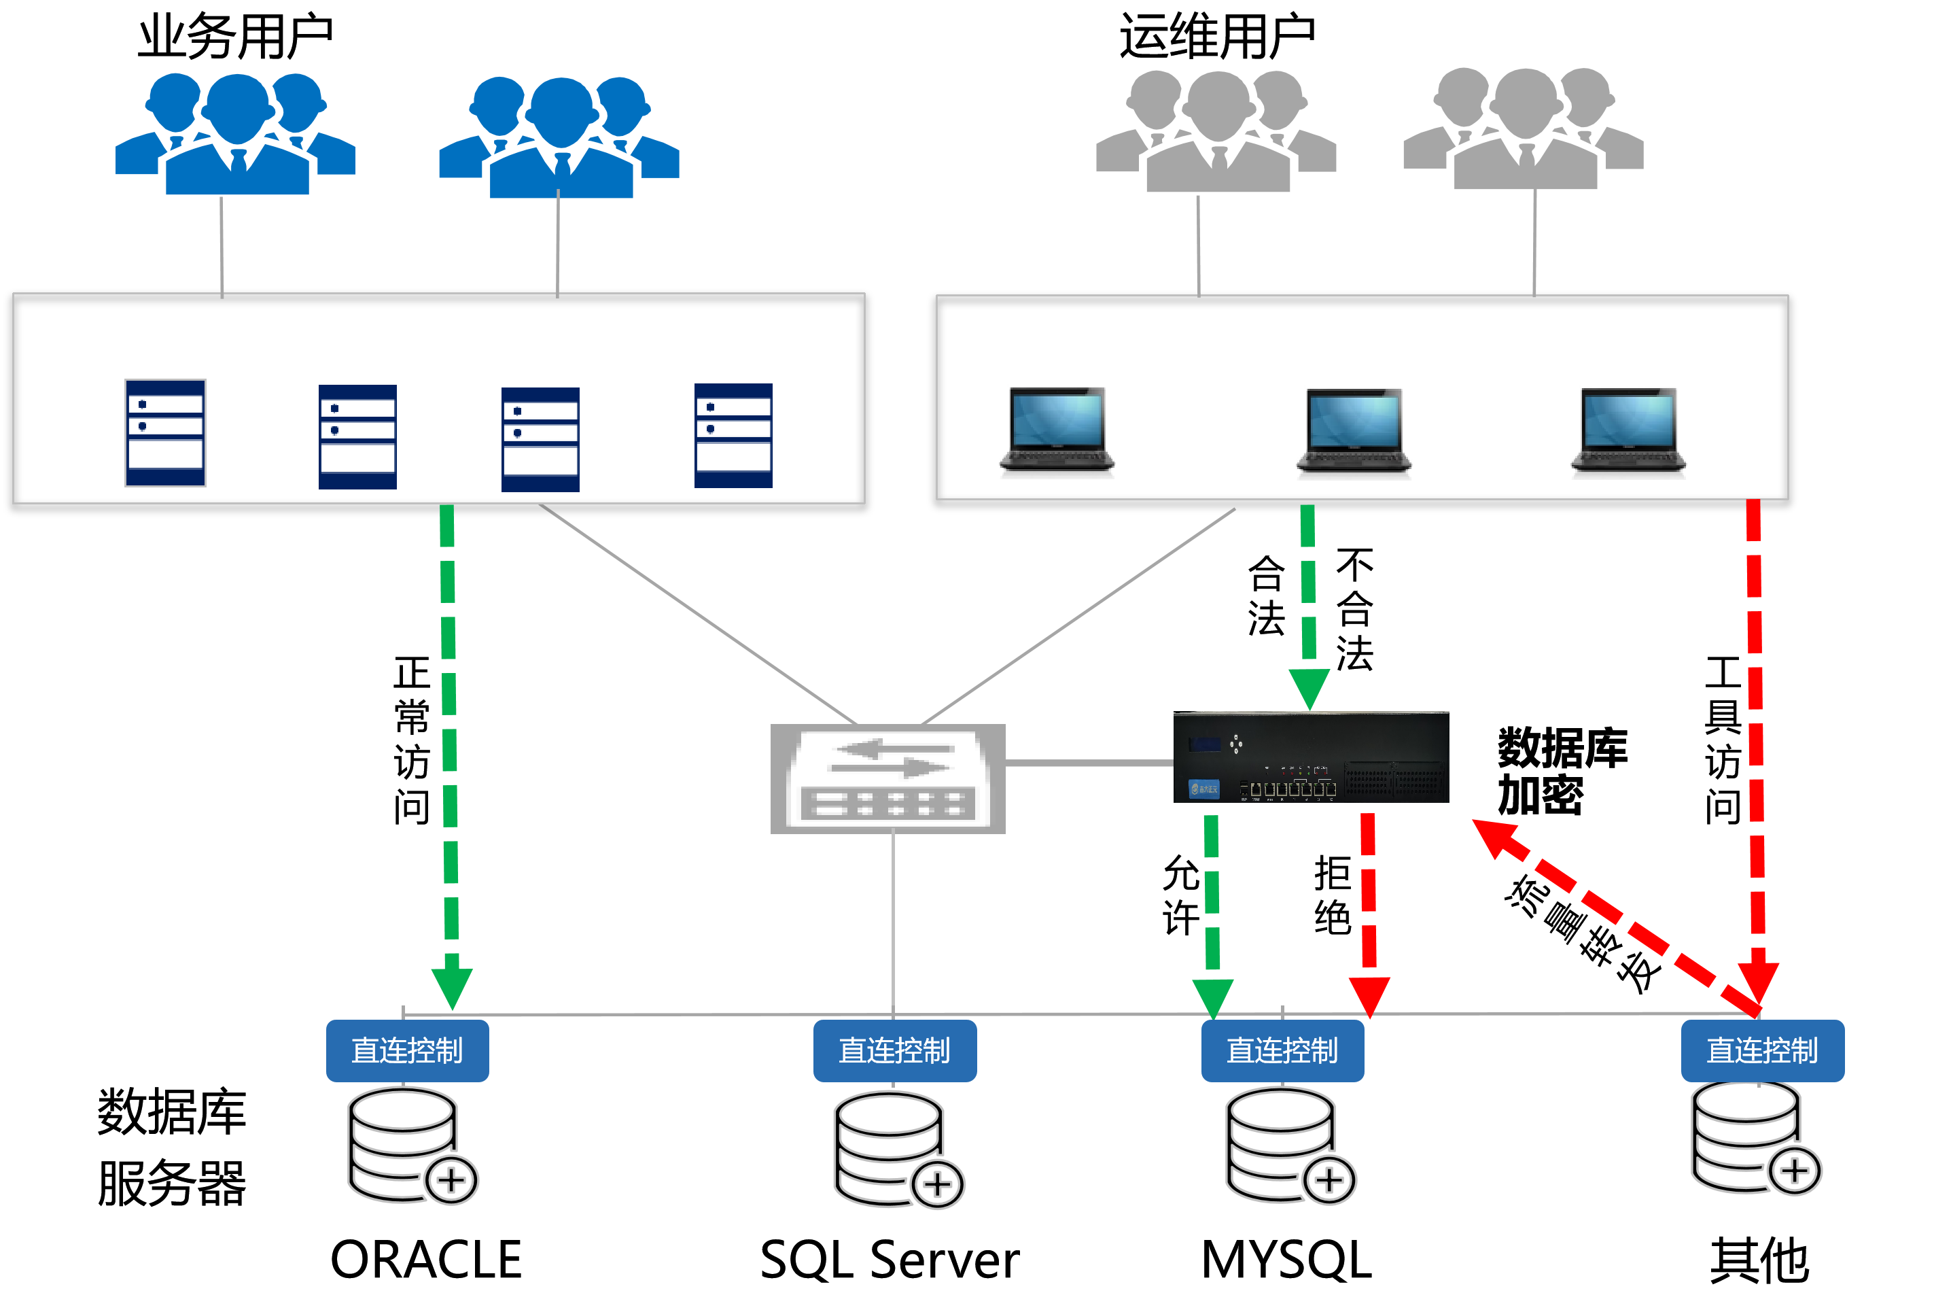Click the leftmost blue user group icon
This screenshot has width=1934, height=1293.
click(236, 136)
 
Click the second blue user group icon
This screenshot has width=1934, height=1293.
click(560, 139)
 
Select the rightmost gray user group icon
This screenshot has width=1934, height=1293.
click(1524, 131)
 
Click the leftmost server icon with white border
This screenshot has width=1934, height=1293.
click(166, 433)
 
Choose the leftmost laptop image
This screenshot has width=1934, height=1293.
click(1055, 430)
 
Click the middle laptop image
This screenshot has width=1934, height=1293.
click(1351, 431)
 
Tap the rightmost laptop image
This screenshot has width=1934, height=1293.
click(1625, 430)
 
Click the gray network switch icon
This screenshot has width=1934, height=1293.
click(888, 779)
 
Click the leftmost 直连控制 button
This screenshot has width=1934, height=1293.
click(407, 1050)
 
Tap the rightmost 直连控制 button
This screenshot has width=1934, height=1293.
click(1763, 1050)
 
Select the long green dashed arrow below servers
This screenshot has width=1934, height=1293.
click(449, 742)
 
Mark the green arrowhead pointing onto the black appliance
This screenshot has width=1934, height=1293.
click(1309, 689)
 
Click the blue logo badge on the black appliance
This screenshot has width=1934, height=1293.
click(1203, 789)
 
